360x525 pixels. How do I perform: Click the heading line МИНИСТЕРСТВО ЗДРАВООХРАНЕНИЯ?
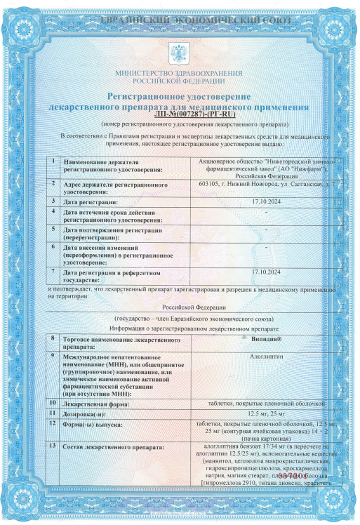pyautogui.click(x=180, y=73)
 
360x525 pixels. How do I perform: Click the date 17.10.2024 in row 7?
pyautogui.click(x=265, y=272)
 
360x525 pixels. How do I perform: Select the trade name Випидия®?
pyautogui.click(x=265, y=338)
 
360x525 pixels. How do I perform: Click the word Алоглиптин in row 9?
pyautogui.click(x=265, y=357)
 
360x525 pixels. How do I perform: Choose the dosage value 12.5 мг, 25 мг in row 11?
pyautogui.click(x=265, y=413)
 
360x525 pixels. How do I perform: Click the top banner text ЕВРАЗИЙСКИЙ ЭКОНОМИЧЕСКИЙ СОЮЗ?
pyautogui.click(x=180, y=20)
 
